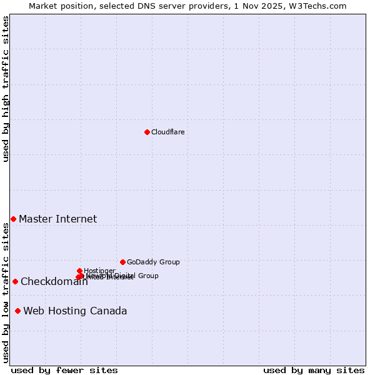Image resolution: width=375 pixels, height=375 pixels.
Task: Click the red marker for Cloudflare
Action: tap(147, 132)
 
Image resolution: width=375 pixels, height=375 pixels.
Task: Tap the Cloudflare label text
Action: tap(167, 132)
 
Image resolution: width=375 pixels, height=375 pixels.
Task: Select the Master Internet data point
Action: tap(13, 219)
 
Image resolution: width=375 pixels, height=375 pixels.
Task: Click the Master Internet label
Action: tap(57, 219)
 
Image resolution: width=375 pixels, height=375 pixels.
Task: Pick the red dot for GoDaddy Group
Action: tap(122, 262)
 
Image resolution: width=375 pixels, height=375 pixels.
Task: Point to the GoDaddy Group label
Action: tap(153, 262)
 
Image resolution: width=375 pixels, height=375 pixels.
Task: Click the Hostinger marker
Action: tap(79, 271)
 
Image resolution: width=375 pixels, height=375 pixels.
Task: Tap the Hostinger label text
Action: tap(99, 271)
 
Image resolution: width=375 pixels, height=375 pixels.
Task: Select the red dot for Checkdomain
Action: tap(15, 281)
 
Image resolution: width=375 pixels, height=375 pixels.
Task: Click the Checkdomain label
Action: tap(54, 282)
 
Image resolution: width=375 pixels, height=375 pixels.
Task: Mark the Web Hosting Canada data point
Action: tap(17, 311)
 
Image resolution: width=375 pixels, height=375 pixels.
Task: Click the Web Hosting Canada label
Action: tap(75, 311)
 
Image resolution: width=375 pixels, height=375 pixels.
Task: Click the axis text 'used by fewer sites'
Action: tap(64, 370)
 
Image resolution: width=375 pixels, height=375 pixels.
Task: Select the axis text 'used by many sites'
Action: tap(314, 370)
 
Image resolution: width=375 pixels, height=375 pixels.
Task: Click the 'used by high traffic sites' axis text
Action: tap(6, 89)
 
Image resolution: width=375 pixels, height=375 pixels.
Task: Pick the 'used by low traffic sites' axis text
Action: tap(6, 292)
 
